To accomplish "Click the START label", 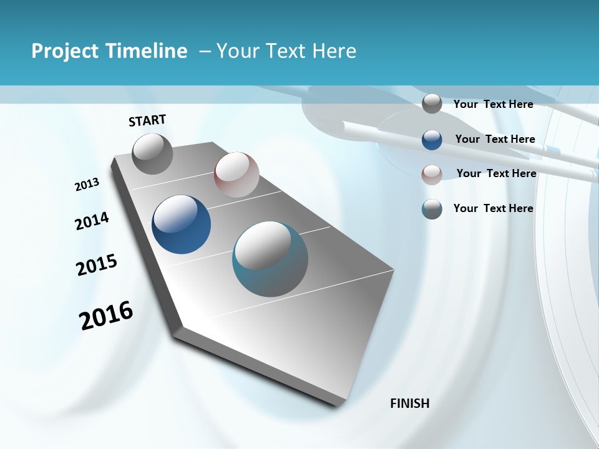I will [x=147, y=120].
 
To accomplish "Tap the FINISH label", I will [x=409, y=403].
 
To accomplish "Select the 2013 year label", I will [x=87, y=185].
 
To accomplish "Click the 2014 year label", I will [x=92, y=221].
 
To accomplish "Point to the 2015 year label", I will [x=97, y=265].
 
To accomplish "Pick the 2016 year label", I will [x=106, y=316].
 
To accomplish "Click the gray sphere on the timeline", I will [x=152, y=154].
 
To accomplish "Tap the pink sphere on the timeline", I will [x=236, y=175].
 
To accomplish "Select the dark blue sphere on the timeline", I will [x=181, y=224].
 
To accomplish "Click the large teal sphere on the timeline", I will [x=270, y=259].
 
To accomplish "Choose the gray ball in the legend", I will [x=432, y=104].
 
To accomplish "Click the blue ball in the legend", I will [x=432, y=140].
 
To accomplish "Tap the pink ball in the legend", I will [x=432, y=174].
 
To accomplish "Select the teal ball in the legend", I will [x=432, y=209].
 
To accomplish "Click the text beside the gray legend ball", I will [x=493, y=104].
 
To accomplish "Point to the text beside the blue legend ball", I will [x=495, y=139].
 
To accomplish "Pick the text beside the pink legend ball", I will [x=496, y=173].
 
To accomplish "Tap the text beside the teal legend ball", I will [x=493, y=208].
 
